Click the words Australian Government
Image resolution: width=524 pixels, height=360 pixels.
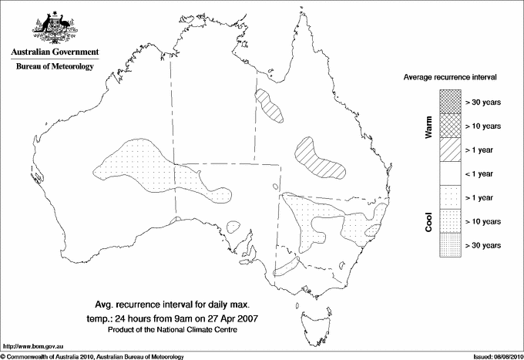pos(54,53)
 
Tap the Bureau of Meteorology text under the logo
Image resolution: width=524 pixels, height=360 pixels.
pos(54,67)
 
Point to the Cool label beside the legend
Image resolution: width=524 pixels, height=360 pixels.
pos(429,221)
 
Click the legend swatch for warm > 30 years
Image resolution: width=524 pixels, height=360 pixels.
pos(451,102)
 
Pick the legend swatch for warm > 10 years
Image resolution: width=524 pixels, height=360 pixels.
pos(451,126)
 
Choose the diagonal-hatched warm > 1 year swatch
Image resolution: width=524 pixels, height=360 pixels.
pos(451,150)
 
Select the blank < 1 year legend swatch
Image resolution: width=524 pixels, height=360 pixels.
pos(451,173)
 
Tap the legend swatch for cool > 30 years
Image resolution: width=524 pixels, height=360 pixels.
pos(451,245)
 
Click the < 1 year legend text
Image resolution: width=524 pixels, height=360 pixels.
pos(483,173)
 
